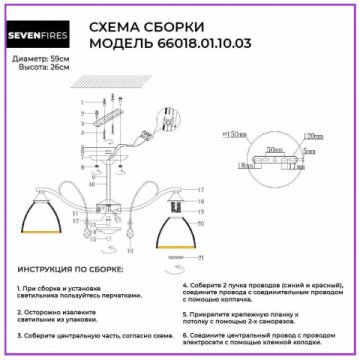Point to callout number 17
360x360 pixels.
(201, 189)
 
